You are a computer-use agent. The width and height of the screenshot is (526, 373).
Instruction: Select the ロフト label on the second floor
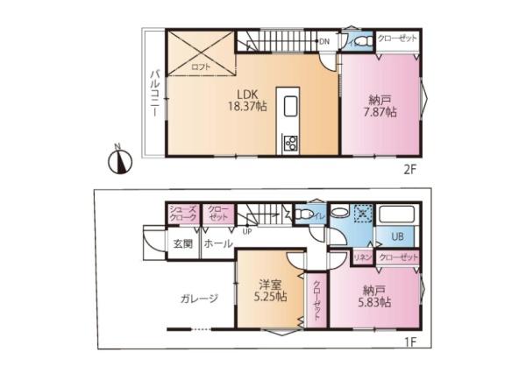(201, 66)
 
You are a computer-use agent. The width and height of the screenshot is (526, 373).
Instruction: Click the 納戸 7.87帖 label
(380, 105)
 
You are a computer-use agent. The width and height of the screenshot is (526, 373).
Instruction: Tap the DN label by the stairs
(323, 41)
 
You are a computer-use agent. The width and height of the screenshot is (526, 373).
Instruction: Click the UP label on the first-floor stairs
(248, 232)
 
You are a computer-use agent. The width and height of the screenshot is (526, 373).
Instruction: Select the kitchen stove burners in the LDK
(289, 142)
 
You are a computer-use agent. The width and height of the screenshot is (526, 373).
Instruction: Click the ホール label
(217, 243)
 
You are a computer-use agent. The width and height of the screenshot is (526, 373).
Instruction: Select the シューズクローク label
(183, 213)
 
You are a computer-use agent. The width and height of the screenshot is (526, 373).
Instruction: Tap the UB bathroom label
(396, 236)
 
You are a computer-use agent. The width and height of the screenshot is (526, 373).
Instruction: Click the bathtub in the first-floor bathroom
(399, 215)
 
